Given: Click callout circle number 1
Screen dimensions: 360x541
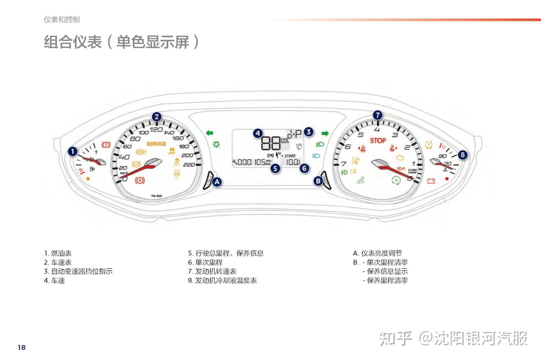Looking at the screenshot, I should [73, 151].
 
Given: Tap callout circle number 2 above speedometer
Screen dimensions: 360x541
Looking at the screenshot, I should [157, 117].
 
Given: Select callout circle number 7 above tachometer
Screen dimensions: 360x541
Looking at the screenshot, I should [378, 115].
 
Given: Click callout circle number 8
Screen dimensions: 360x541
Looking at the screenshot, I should [462, 154].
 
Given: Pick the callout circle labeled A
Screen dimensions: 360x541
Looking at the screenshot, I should [217, 182].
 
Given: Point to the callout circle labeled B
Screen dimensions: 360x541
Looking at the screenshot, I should [318, 181].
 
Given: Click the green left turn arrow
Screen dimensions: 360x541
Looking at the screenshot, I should [209, 133].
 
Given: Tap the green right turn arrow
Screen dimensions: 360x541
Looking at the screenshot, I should [325, 133].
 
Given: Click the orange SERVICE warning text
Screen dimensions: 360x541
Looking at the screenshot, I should [156, 144].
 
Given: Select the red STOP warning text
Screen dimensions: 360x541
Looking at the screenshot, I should [378, 141].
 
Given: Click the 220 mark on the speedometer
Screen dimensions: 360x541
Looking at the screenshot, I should [189, 164].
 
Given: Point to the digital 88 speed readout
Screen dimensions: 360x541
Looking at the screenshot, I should [271, 143].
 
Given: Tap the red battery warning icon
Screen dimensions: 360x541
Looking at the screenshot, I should [431, 181].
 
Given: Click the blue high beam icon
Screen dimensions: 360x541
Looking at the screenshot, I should [316, 156].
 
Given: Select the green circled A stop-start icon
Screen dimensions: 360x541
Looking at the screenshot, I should [396, 180].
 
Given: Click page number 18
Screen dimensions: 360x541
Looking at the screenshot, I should [22, 347].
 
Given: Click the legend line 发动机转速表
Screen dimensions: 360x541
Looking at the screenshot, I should [212, 271].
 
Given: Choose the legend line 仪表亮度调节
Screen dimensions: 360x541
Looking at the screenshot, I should [377, 253].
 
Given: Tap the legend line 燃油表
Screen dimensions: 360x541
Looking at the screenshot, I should [58, 253].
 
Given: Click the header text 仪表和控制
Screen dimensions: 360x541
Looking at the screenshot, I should [62, 19].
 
